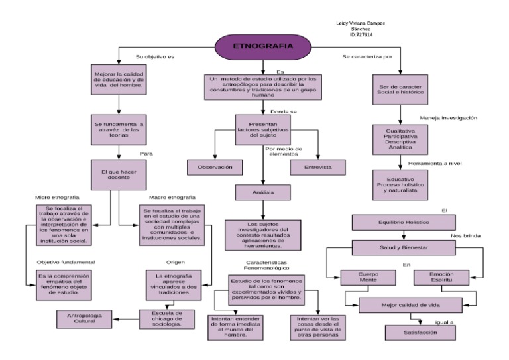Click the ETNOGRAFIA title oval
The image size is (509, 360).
click(x=254, y=46)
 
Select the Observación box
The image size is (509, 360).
click(x=215, y=168)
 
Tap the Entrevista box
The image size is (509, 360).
click(x=319, y=168)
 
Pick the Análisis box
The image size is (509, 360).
click(x=263, y=192)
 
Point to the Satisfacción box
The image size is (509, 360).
click(x=420, y=332)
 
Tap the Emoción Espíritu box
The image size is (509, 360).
click(x=442, y=277)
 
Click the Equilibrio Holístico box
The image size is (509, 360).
click(x=405, y=222)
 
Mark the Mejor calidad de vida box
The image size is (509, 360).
click(x=410, y=306)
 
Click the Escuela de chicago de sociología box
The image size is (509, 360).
click(x=167, y=319)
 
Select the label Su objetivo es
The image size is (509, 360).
click(x=154, y=57)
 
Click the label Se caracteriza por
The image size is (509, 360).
click(x=368, y=57)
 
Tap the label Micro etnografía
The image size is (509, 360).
click(x=57, y=198)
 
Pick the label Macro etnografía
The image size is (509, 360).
click(x=172, y=198)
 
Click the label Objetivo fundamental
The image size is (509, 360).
click(x=62, y=261)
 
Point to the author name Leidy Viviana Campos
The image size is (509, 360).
click(x=361, y=23)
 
